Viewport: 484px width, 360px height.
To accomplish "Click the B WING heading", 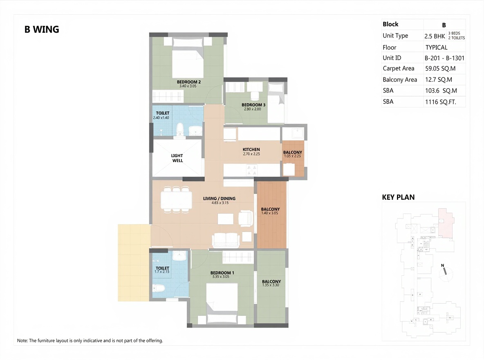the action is tap(42, 29).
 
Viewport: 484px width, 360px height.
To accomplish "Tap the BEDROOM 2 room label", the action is tap(188, 82).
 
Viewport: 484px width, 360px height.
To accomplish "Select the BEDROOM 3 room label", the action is tap(253, 105).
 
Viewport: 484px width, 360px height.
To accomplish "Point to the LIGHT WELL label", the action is tap(177, 158).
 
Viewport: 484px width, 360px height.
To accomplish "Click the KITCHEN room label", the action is tap(251, 149).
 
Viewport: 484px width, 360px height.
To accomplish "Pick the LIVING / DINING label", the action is tap(219, 198).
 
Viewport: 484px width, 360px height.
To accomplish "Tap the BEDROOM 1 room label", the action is tap(222, 273).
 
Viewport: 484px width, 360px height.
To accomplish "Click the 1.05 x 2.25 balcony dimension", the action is tap(292, 156).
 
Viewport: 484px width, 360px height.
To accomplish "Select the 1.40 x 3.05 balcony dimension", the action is tap(270, 213).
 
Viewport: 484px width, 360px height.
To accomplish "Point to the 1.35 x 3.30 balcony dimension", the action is tap(271, 285).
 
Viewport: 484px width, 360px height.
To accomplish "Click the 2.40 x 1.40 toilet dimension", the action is tap(161, 118).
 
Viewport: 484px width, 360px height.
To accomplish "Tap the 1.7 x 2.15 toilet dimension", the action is tap(162, 272).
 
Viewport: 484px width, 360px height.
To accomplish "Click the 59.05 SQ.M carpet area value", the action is tap(440, 69).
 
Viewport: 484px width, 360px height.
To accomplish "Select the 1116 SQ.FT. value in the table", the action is tap(441, 102).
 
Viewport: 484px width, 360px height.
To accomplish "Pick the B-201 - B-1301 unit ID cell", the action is tap(444, 58).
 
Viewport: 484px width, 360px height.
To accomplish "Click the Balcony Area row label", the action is tap(400, 80).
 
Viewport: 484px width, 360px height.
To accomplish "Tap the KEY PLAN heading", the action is tap(398, 197).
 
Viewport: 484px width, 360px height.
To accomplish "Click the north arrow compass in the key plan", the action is tap(445, 273).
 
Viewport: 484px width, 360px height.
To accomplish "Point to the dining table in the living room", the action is tap(176, 200).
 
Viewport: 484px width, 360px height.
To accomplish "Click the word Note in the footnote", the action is tap(22, 340).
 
